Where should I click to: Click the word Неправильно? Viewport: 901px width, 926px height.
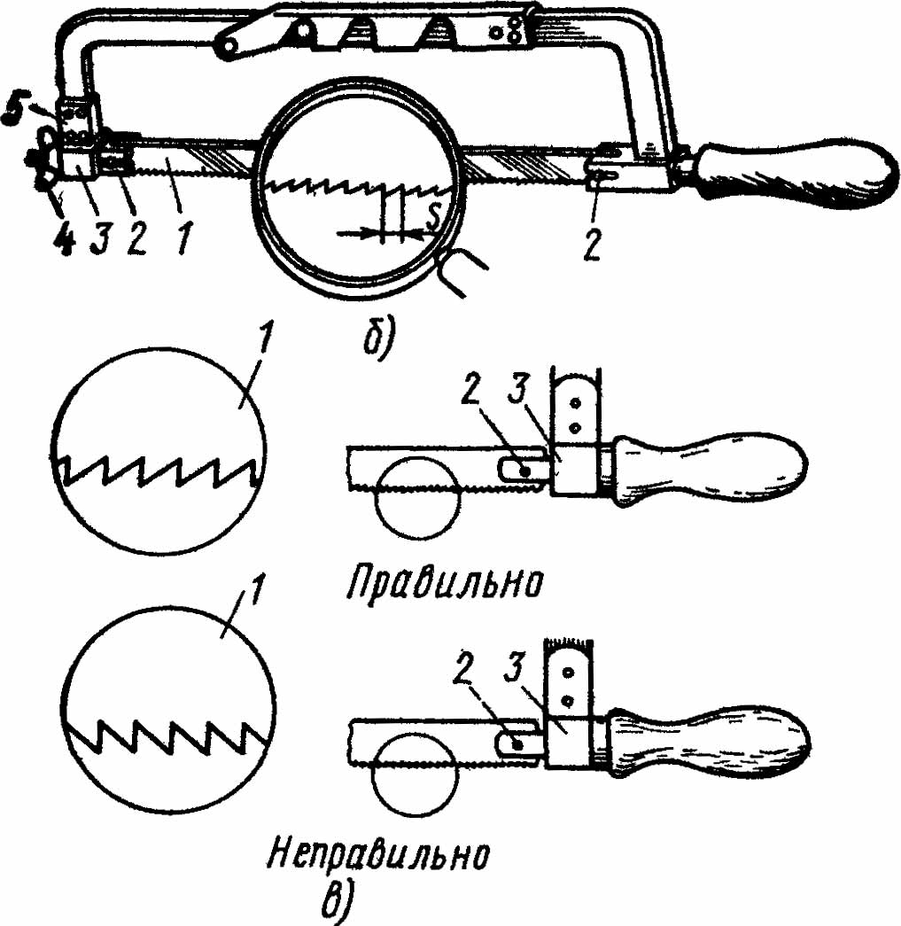pyautogui.click(x=379, y=855)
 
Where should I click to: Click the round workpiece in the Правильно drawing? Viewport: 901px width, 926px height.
pyautogui.click(x=416, y=496)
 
